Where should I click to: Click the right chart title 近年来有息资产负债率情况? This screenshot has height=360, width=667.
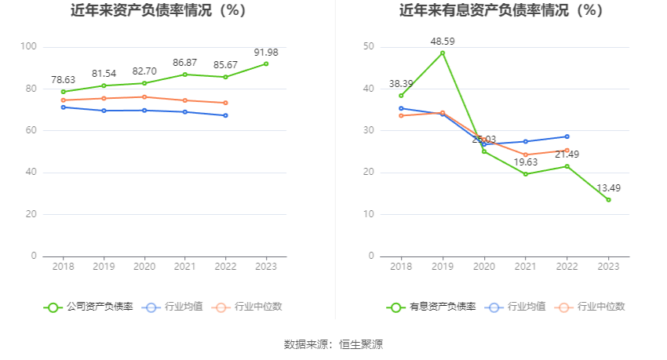[x=501, y=11]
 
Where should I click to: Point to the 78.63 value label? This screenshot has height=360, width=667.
[x=63, y=80]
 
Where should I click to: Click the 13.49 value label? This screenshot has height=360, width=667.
[x=608, y=187]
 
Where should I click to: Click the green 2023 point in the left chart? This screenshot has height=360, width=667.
[x=266, y=64]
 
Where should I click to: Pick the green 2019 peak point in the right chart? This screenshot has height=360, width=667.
[x=443, y=53]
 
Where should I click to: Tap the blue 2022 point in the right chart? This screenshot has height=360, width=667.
[x=567, y=136]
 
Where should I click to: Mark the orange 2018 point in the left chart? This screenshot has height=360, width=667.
[x=63, y=100]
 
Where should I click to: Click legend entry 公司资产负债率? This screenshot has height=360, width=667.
[x=89, y=307]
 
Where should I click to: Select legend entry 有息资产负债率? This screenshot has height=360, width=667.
[x=432, y=307]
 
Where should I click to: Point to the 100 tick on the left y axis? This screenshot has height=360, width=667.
[x=29, y=47]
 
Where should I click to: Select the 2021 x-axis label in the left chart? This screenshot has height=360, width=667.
[x=184, y=267]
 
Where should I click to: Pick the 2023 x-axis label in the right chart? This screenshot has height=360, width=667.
[x=608, y=267]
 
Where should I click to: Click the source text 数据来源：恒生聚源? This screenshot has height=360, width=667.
[x=333, y=344]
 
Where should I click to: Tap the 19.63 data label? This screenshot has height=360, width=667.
[x=525, y=162]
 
